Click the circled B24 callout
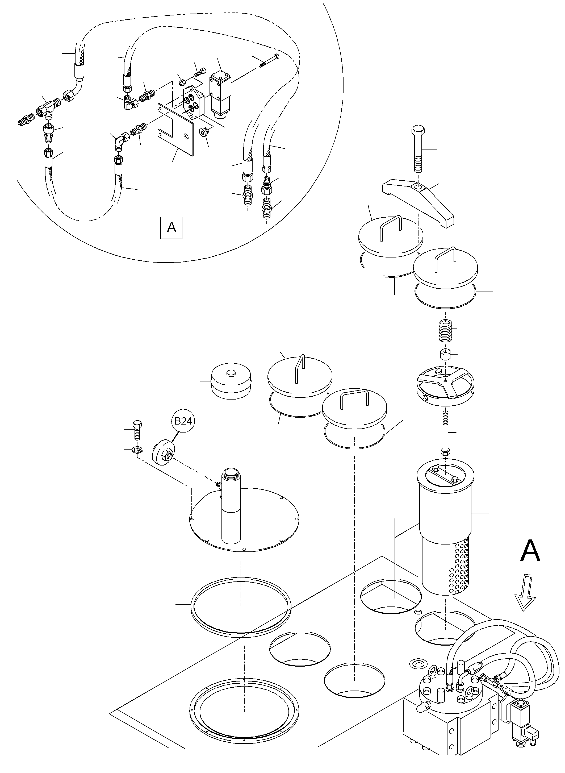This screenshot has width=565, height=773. point(183,421)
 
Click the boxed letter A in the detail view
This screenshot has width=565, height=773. point(171,227)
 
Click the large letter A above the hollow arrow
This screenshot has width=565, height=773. point(530,551)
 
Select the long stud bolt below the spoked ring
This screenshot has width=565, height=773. point(445,433)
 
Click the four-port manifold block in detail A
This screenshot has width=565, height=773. point(193,102)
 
